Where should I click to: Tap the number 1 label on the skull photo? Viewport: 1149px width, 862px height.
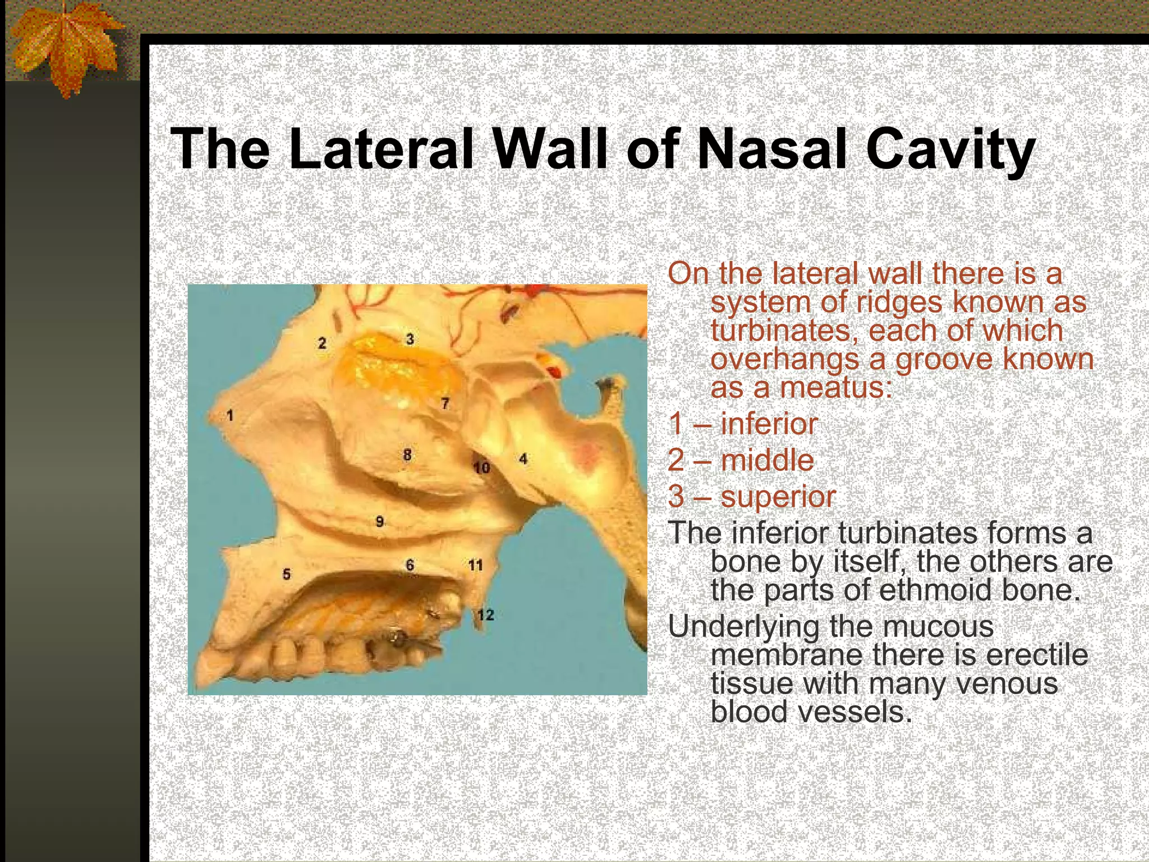(x=229, y=415)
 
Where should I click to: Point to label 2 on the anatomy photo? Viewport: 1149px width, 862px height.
(x=321, y=343)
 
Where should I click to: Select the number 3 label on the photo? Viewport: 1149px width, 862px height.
(x=410, y=339)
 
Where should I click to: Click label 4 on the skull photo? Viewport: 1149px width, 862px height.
(x=523, y=459)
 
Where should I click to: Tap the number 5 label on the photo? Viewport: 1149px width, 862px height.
(x=287, y=574)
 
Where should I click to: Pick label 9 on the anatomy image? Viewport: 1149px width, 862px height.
(x=380, y=522)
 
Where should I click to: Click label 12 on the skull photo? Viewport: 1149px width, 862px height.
(x=486, y=615)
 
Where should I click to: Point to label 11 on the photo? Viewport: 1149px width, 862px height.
(x=475, y=565)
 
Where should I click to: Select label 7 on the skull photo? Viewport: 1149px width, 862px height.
(x=445, y=404)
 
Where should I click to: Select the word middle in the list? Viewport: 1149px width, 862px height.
(x=767, y=461)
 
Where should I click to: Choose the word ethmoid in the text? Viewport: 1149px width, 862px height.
(x=935, y=590)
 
